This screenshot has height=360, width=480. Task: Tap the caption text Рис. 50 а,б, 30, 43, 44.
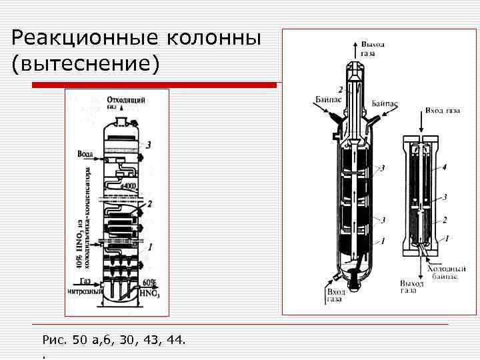click(114, 341)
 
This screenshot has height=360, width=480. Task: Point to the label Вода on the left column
click(85, 154)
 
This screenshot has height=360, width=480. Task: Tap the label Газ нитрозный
click(85, 286)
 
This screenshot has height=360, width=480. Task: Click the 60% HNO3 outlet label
click(149, 287)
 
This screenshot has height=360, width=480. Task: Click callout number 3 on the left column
click(149, 143)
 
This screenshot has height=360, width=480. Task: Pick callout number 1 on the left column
click(151, 246)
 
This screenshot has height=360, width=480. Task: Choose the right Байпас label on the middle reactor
click(385, 104)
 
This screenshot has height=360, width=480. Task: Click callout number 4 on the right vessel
click(444, 167)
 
